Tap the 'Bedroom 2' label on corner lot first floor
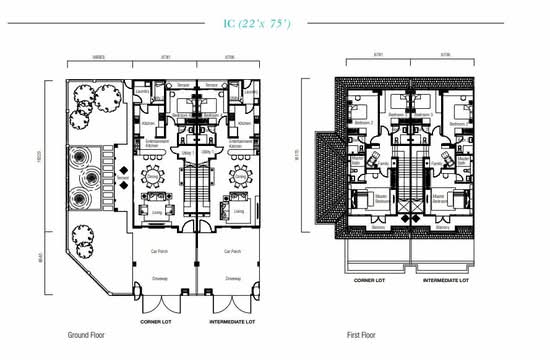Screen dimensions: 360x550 point(365,122)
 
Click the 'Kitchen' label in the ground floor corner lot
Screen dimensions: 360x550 point(147,123)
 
